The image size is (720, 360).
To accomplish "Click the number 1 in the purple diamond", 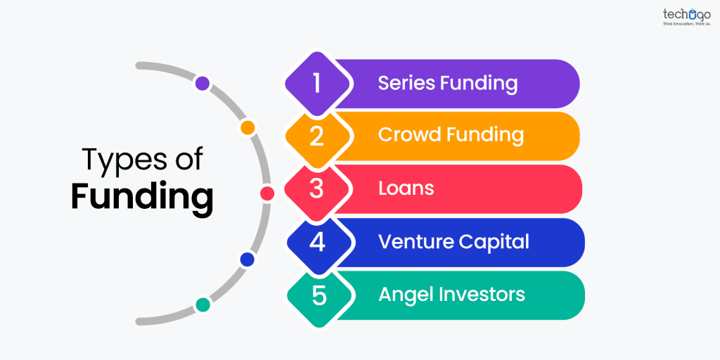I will pyautogui.click(x=317, y=84).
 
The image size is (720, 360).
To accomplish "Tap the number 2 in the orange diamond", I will pyautogui.click(x=317, y=136).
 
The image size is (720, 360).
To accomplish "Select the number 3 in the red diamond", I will pyautogui.click(x=317, y=189).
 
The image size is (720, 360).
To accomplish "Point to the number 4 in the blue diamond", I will pyautogui.click(x=317, y=243).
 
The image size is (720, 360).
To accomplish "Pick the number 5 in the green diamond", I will pyautogui.click(x=319, y=295).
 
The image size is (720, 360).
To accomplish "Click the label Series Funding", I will pyautogui.click(x=447, y=84).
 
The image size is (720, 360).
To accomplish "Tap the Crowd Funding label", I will pyautogui.click(x=451, y=135).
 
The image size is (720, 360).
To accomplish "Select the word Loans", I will pyautogui.click(x=406, y=188).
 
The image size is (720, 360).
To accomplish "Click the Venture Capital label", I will pyautogui.click(x=454, y=242).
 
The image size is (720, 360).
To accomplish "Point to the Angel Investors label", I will pyautogui.click(x=451, y=294).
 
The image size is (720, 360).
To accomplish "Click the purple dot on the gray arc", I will pyautogui.click(x=202, y=84).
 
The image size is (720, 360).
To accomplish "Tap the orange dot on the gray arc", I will pyautogui.click(x=247, y=128).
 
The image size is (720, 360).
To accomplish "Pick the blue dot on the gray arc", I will pyautogui.click(x=247, y=259).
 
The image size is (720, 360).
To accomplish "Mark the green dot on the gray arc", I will pyautogui.click(x=202, y=304).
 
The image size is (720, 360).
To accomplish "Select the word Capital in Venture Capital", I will pyautogui.click(x=494, y=242).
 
